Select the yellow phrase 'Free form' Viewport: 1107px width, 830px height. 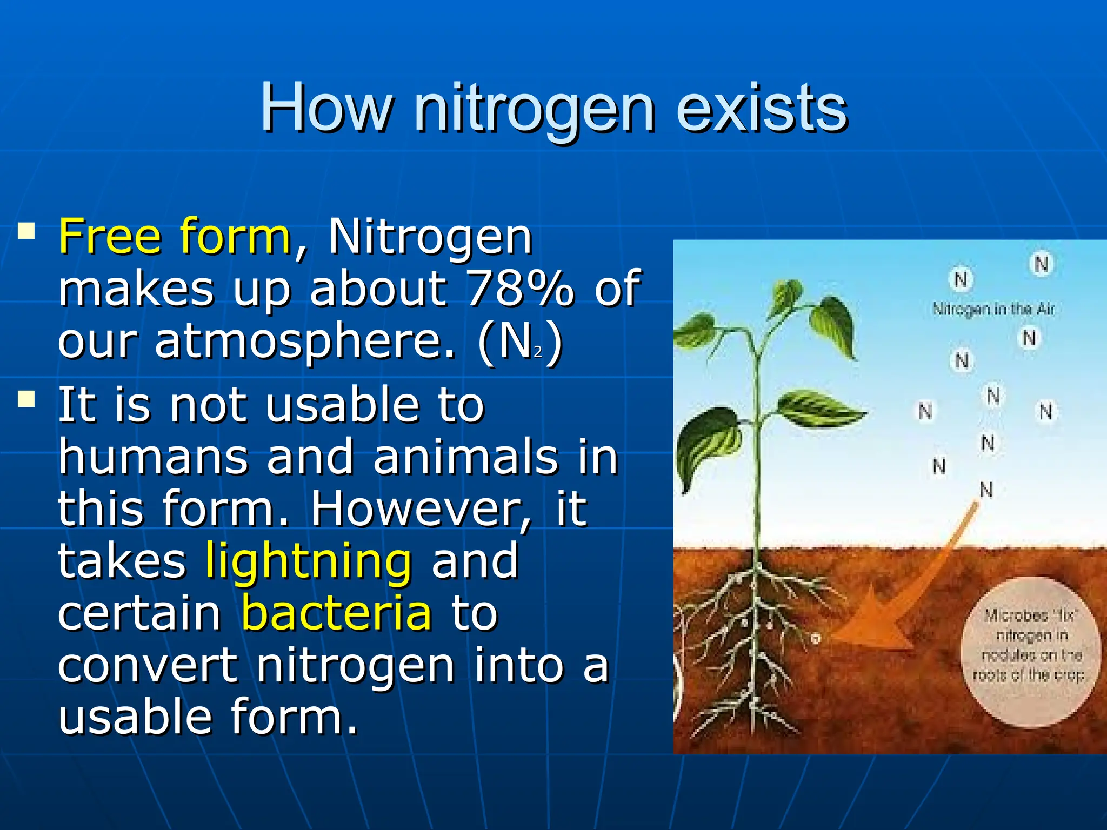click(175, 237)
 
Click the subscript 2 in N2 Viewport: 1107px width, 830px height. click(538, 352)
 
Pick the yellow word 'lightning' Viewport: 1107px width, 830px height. click(309, 561)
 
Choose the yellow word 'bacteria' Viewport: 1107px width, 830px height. click(336, 613)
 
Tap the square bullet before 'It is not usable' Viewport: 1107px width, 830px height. click(26, 400)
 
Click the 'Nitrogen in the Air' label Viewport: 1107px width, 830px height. click(993, 309)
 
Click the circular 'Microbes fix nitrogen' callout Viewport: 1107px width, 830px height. click(1030, 651)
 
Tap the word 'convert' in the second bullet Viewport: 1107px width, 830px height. click(148, 665)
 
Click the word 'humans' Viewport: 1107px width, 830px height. click(153, 457)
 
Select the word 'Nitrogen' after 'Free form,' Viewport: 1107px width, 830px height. click(430, 237)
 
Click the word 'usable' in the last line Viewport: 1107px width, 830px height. click(135, 717)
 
